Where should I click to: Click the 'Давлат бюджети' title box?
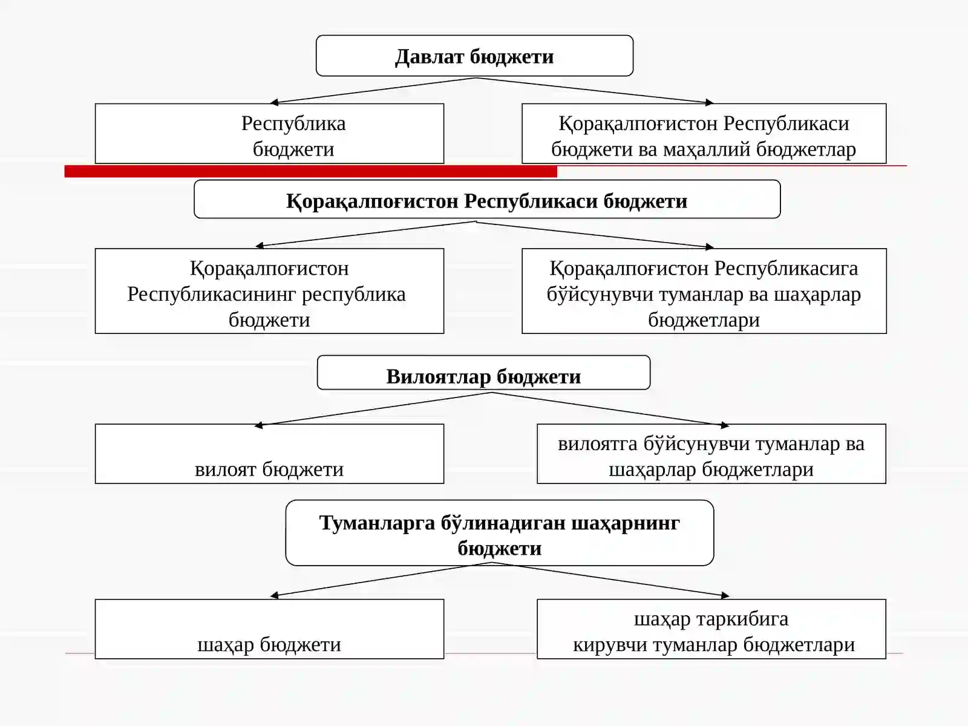[474, 56]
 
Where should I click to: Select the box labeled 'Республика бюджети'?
[269, 134]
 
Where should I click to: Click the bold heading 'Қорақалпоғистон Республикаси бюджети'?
[487, 201]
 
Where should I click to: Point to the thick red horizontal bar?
[311, 171]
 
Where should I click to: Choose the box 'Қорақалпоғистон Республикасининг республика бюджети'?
[269, 291]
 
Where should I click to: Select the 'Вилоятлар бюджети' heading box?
[483, 373]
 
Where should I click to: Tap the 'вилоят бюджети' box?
[269, 454]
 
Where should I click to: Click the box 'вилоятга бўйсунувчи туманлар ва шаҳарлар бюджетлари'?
[711, 454]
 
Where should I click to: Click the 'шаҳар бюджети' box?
[269, 629]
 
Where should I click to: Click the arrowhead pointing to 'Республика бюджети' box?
[273, 102]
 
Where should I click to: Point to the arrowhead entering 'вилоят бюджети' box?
[258, 425]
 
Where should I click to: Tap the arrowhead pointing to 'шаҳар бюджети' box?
[274, 595]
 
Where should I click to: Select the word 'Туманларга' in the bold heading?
[377, 523]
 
